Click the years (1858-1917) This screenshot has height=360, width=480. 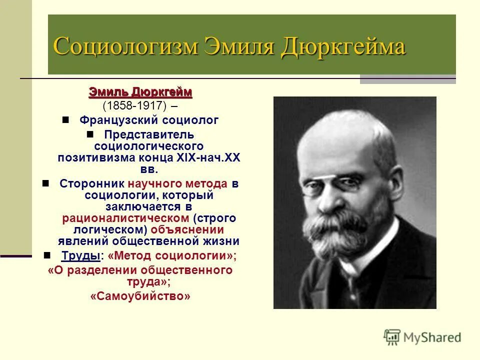(x=134, y=106)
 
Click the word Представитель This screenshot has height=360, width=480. (x=149, y=135)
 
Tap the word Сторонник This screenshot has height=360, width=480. (x=92, y=183)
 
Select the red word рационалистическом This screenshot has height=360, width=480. (x=125, y=218)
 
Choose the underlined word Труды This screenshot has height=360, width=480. (x=80, y=255)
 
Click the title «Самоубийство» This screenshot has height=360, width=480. (x=140, y=296)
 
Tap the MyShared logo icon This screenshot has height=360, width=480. (x=392, y=337)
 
